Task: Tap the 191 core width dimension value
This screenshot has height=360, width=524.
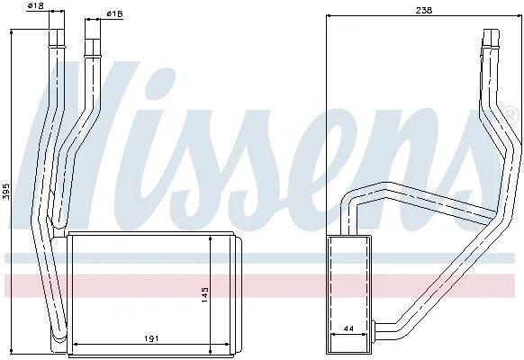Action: [x=151, y=338]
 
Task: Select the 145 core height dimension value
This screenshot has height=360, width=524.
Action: [x=204, y=294]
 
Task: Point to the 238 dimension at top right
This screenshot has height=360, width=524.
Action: [x=424, y=11]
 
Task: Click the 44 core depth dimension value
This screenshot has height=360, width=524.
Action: [x=348, y=328]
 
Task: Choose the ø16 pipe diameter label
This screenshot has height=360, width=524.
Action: [x=114, y=13]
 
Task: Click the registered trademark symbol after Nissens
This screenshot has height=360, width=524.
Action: [x=510, y=113]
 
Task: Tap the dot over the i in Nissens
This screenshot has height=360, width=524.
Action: [x=158, y=81]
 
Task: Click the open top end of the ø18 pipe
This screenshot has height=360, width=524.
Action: [x=57, y=30]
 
